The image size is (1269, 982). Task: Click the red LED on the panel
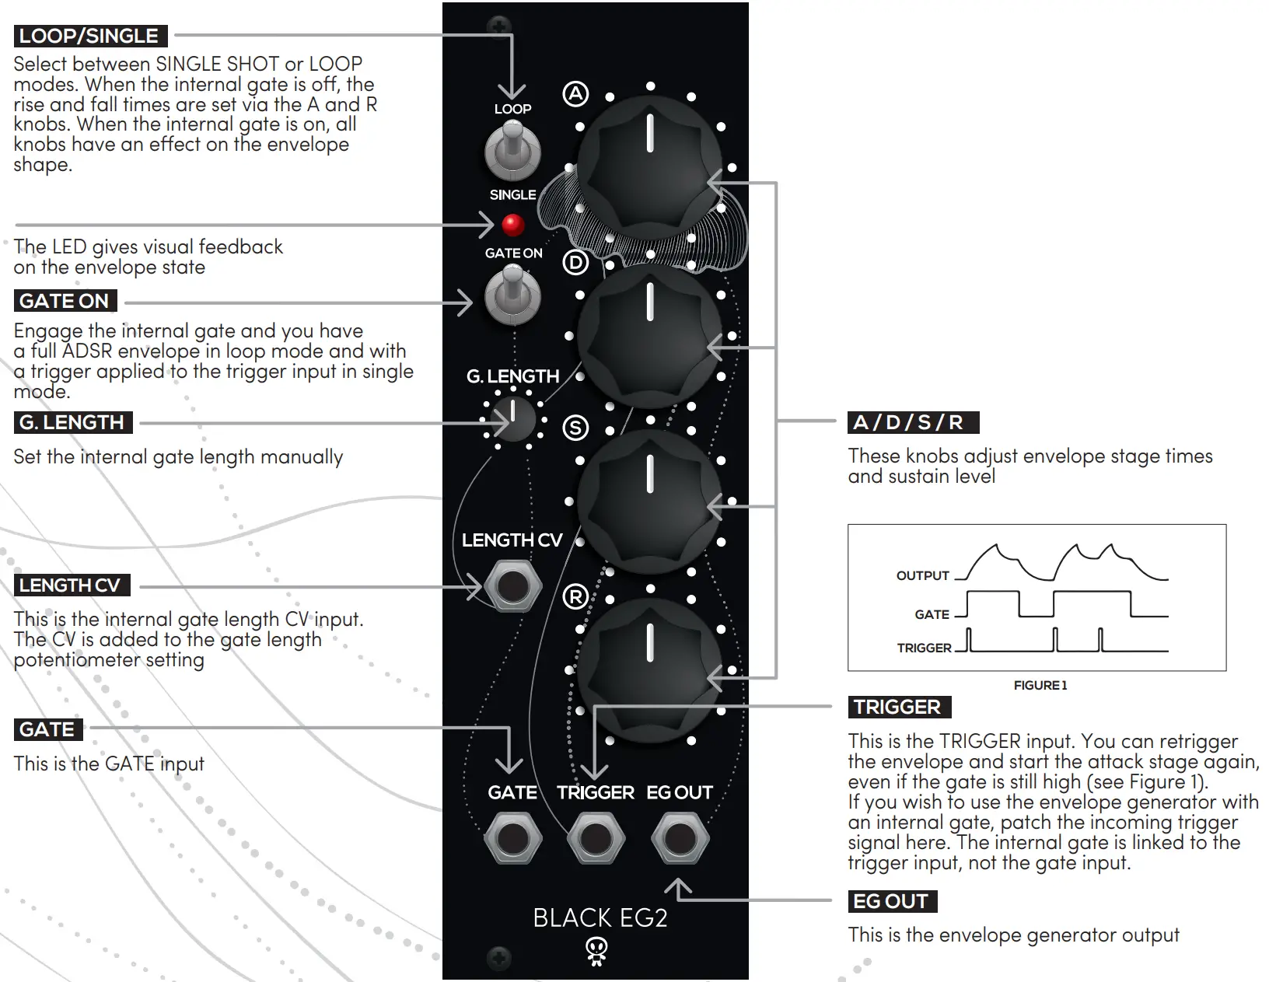(512, 225)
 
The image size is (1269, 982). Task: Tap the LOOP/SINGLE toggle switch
(512, 152)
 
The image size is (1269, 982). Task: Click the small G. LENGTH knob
(513, 420)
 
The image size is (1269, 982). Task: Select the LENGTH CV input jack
(512, 587)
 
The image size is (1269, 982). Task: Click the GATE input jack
(512, 839)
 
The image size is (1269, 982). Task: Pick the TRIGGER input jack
(596, 839)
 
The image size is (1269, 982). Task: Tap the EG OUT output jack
(680, 839)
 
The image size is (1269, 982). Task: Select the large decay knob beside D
(650, 334)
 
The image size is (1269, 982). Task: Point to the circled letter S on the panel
(575, 428)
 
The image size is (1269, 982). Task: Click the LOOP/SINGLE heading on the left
(89, 36)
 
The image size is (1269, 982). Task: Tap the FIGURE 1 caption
(1040, 685)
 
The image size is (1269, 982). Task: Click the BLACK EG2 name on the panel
(600, 917)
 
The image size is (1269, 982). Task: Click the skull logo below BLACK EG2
(596, 951)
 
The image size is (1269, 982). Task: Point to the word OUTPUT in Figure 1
(922, 575)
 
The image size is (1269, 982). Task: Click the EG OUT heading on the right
(890, 901)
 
